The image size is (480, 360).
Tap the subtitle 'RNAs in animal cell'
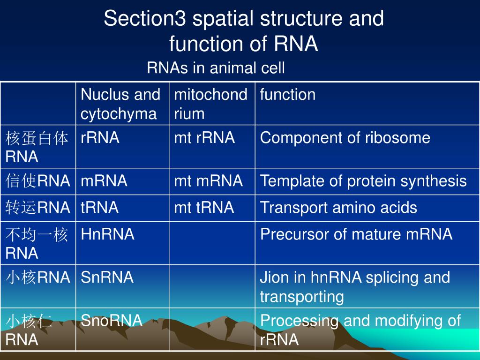click(x=216, y=68)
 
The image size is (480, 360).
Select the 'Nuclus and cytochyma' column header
click(x=120, y=104)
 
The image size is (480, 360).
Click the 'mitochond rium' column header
click(x=210, y=104)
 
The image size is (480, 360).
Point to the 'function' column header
click(x=288, y=95)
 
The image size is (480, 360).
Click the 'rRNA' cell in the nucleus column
click(x=100, y=138)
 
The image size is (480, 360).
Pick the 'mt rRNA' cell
click(x=204, y=138)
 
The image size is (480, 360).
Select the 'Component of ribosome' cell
click(x=345, y=138)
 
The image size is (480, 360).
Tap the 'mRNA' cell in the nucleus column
click(x=104, y=181)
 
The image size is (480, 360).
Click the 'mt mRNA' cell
click(x=209, y=181)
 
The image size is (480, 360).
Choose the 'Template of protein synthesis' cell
click(x=363, y=181)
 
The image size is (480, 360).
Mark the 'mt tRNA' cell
click(x=204, y=208)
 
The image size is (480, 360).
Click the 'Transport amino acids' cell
click(x=338, y=208)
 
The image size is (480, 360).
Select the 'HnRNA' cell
click(x=107, y=234)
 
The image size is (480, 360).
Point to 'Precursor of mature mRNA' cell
click(x=356, y=234)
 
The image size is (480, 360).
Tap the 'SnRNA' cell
click(x=107, y=277)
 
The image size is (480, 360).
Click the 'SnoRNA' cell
click(x=111, y=321)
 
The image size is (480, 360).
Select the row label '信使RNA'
click(x=38, y=181)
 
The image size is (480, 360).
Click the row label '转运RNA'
click(x=38, y=208)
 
